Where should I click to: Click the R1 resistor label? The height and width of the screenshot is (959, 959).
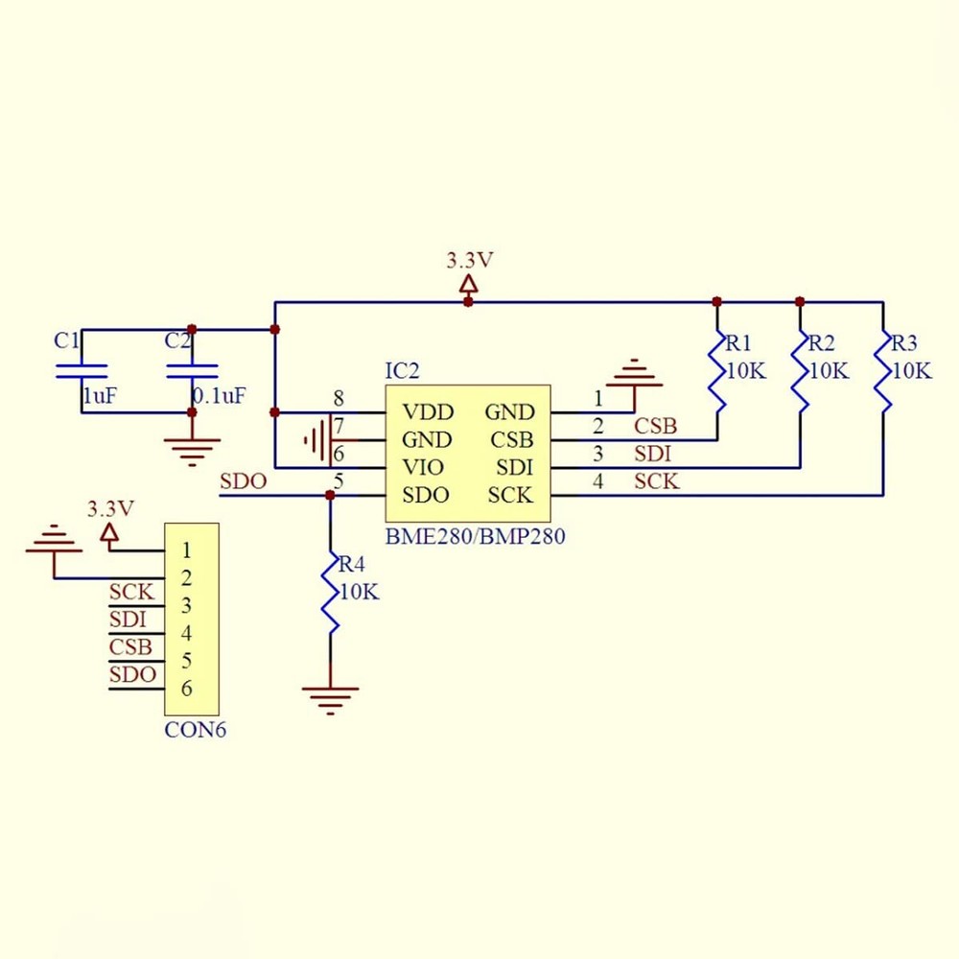[x=737, y=343]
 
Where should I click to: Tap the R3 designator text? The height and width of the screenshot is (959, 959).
[x=904, y=343]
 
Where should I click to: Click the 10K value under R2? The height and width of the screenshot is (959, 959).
[x=828, y=371]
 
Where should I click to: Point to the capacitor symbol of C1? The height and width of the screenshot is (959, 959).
[x=82, y=371]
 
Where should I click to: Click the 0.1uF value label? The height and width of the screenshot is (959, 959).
[x=219, y=395]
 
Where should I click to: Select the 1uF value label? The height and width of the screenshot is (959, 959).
[x=99, y=395]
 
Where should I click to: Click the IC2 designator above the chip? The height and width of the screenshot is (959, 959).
[x=402, y=371]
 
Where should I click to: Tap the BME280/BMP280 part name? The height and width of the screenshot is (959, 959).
[x=475, y=537]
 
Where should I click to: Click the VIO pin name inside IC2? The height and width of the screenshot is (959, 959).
[x=423, y=468]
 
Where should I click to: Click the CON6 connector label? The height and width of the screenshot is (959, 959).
[x=196, y=730]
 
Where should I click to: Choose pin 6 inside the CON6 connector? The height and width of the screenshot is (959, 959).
[x=186, y=689]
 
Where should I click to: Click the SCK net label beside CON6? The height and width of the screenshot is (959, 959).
[x=131, y=592]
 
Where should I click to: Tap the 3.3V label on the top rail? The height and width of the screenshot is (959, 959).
[x=469, y=259]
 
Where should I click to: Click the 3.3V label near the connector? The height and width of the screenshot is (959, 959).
[x=109, y=507]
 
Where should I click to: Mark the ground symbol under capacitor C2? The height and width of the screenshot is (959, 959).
[x=192, y=446]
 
